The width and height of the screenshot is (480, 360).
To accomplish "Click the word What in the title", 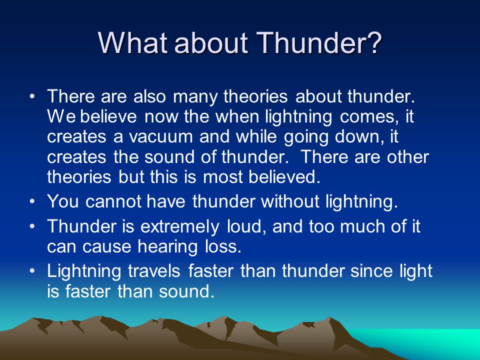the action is click(x=133, y=42).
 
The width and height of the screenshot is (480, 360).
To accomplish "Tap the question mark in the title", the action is click(x=373, y=42).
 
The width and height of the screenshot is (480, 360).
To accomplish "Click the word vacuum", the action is click(x=160, y=137).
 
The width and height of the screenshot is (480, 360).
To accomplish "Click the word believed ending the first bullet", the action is click(x=284, y=176).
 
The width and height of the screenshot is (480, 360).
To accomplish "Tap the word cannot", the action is click(x=113, y=201).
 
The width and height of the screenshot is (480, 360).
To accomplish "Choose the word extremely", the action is click(x=179, y=227).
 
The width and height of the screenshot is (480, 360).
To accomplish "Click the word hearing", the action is click(x=167, y=247).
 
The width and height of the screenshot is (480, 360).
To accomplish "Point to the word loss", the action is click(x=223, y=246).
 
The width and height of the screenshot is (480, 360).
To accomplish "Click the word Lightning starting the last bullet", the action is click(x=84, y=271).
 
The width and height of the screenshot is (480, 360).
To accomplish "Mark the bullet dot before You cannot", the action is click(x=32, y=202).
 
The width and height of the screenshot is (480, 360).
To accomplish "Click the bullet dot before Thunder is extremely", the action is click(x=32, y=227).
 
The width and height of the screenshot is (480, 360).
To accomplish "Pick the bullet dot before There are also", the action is click(x=32, y=96).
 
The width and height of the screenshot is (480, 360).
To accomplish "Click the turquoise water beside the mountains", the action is click(x=428, y=341).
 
